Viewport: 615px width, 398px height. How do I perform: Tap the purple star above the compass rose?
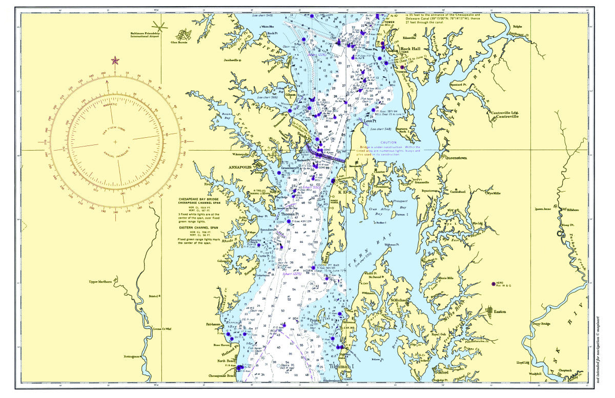point(115,61)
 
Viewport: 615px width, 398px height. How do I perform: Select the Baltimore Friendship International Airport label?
point(145,34)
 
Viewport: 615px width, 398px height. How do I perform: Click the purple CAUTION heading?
point(388,142)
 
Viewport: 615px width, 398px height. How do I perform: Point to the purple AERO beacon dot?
point(493,283)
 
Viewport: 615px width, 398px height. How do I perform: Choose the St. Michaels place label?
point(401,300)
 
